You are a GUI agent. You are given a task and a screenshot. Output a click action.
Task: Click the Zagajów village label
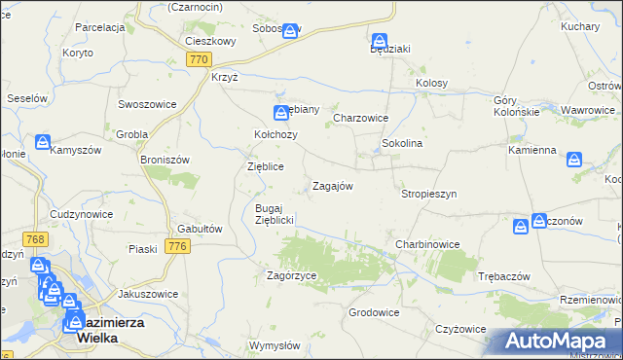coord(331,186)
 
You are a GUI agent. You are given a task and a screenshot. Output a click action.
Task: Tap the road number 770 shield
coord(199,59)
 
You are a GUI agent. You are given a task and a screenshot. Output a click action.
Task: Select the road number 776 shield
coord(177,247)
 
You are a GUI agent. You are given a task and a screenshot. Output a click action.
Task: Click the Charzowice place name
coord(361,118)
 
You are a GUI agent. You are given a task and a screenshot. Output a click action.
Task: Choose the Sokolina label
coord(401,143)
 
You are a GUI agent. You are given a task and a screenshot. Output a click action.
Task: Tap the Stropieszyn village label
coord(428,194)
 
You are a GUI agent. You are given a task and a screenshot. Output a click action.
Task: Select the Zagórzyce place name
coord(292,275)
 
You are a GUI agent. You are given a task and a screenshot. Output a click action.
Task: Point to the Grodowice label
coord(375,312)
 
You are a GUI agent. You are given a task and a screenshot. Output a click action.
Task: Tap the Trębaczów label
coord(504,276)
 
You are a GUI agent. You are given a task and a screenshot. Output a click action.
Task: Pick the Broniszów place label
coord(164,160)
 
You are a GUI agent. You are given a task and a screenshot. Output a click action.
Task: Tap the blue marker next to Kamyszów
coord(42,142)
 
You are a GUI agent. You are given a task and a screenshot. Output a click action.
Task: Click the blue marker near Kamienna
coord(574,158)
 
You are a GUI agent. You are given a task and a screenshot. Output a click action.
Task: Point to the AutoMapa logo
coord(556,342)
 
